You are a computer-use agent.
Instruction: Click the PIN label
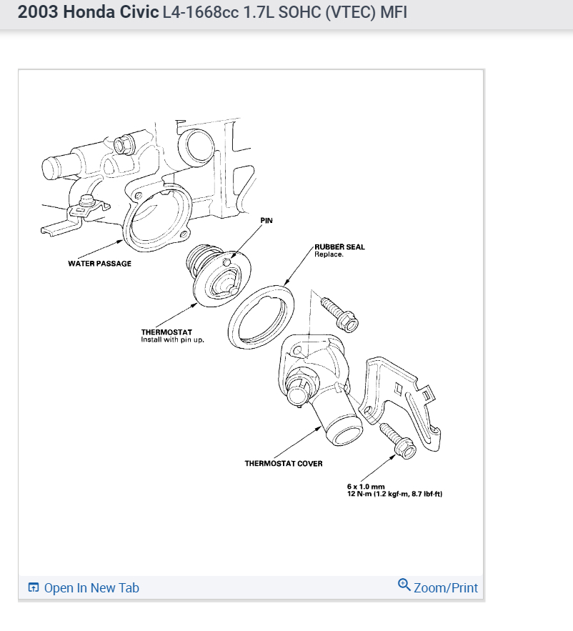pyautogui.click(x=266, y=221)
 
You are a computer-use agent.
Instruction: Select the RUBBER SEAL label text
pyautogui.click(x=339, y=247)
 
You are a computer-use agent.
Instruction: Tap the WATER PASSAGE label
pyautogui.click(x=99, y=263)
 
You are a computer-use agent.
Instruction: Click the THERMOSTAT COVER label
pyautogui.click(x=284, y=463)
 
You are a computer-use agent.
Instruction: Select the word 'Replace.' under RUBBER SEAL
pyautogui.click(x=329, y=254)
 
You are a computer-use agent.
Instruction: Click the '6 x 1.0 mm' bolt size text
pyautogui.click(x=366, y=487)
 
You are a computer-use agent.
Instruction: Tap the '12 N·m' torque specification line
pyautogui.click(x=395, y=494)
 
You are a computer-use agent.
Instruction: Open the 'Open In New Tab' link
pyautogui.click(x=91, y=588)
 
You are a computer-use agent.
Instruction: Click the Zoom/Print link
pyautogui.click(x=446, y=588)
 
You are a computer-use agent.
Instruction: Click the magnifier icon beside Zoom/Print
pyautogui.click(x=404, y=586)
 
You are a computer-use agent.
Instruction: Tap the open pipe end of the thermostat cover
pyautogui.click(x=342, y=435)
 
